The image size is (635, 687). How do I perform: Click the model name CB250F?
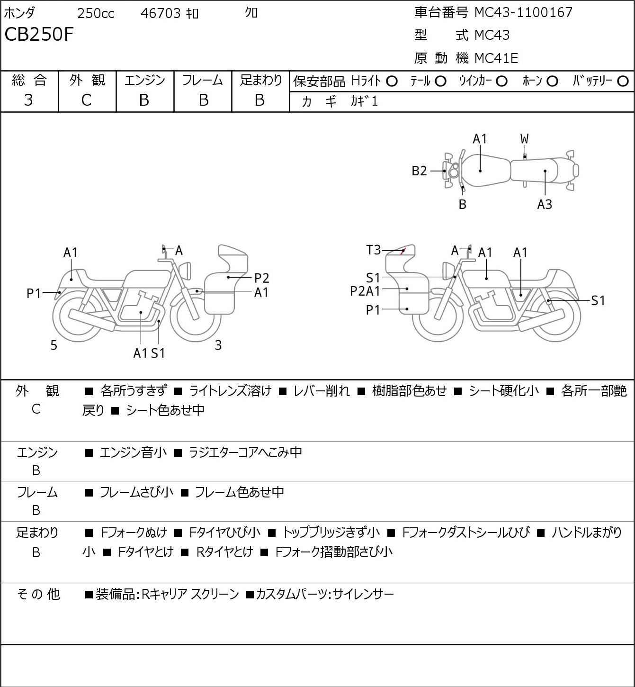click(x=39, y=34)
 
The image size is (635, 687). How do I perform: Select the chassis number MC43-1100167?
click(x=523, y=12)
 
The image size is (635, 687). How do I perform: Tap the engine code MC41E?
click(x=496, y=58)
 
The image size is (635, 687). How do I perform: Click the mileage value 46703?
click(x=161, y=13)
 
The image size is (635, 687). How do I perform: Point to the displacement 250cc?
click(x=96, y=13)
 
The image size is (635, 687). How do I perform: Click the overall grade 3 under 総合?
click(x=28, y=100)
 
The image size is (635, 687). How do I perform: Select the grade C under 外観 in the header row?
click(x=86, y=100)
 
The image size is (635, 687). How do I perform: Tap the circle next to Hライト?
click(x=392, y=81)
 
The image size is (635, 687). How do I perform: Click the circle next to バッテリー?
click(x=623, y=81)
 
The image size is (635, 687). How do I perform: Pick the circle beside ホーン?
click(x=552, y=81)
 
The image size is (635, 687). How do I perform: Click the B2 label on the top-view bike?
click(x=419, y=171)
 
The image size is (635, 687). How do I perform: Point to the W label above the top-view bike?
click(x=524, y=139)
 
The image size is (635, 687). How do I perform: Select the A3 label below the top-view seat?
click(x=545, y=204)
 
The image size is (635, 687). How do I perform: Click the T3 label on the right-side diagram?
click(x=373, y=250)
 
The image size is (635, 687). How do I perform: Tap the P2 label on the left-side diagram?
click(x=261, y=278)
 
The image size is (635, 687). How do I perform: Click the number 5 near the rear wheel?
click(x=54, y=345)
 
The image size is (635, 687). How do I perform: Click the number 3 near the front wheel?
click(x=218, y=345)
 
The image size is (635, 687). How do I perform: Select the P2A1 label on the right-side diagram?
click(x=365, y=291)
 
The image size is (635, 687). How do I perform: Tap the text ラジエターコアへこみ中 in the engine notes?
click(x=245, y=452)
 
